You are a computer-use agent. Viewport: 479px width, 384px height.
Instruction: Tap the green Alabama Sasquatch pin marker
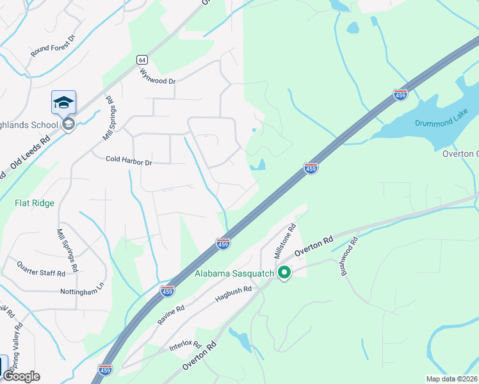coord(284,273)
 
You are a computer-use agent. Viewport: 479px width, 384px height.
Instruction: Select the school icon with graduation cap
coord(64,102)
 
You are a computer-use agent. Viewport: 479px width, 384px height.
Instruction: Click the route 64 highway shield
coord(141,60)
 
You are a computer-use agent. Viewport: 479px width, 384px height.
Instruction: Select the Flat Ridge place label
coord(35,203)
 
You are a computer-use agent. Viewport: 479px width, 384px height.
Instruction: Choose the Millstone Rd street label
coord(285,241)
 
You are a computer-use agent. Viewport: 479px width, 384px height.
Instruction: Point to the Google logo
coord(22,376)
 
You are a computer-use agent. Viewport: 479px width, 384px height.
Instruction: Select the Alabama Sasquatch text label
coord(234,274)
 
